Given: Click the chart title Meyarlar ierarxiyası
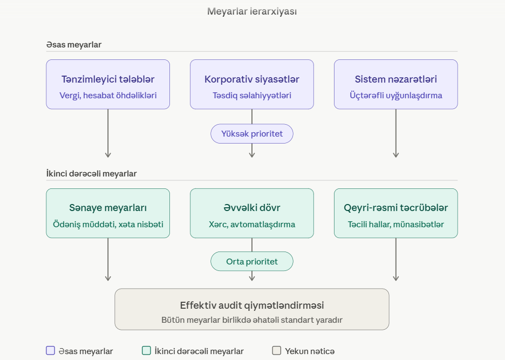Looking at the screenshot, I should click(x=252, y=11).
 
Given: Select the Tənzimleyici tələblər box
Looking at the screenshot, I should click(x=108, y=84).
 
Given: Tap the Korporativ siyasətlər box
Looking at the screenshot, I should click(x=252, y=84).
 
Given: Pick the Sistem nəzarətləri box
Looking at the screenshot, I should click(x=395, y=84).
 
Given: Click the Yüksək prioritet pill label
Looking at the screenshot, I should click(x=252, y=134).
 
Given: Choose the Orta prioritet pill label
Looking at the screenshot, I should click(x=252, y=262).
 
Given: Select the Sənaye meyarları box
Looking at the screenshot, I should click(x=108, y=213).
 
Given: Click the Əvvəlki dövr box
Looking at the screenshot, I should click(x=252, y=213).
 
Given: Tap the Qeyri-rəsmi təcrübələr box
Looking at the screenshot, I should click(x=395, y=213).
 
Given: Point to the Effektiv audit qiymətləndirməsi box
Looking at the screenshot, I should click(x=252, y=309).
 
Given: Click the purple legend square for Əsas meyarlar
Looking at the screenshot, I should click(x=51, y=351).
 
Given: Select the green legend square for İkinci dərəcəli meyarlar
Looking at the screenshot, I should click(x=146, y=351).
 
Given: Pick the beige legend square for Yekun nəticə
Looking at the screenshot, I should click(x=277, y=351).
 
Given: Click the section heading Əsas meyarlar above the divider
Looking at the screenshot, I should click(x=74, y=45).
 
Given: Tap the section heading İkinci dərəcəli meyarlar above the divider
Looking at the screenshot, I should click(x=91, y=174).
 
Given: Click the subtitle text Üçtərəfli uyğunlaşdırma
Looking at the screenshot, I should click(x=395, y=96).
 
